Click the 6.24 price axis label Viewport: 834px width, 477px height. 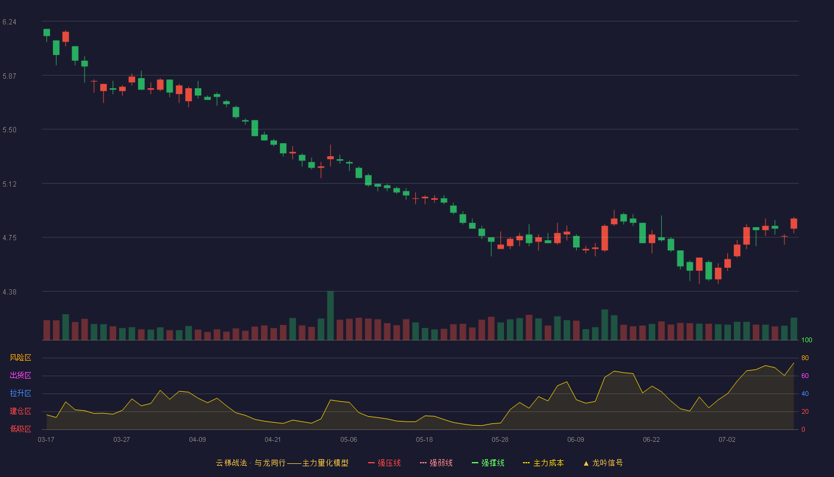[10, 22]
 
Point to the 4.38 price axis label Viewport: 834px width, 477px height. [10, 292]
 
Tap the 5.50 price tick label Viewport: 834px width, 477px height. [10, 130]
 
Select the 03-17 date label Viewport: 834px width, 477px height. [46, 440]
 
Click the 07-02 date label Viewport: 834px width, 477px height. [727, 440]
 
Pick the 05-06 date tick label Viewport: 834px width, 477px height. [348, 440]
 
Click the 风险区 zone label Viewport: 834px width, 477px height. [20, 358]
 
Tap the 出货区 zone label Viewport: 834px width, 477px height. [20, 375]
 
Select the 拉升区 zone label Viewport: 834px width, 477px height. [20, 393]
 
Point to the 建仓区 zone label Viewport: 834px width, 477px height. [20, 411]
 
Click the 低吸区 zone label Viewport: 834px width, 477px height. [20, 429]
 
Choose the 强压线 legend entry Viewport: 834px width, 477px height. [384, 463]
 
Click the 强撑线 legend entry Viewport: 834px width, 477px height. [488, 463]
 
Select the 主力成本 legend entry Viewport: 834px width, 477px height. [543, 463]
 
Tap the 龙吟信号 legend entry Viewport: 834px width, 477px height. [603, 463]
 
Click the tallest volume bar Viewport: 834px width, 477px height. [330, 315]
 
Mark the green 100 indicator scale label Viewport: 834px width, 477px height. [807, 340]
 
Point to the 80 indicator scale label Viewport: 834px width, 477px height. [805, 358]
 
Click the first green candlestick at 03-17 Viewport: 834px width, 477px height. [46, 32]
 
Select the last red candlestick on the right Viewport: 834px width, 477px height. [793, 224]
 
